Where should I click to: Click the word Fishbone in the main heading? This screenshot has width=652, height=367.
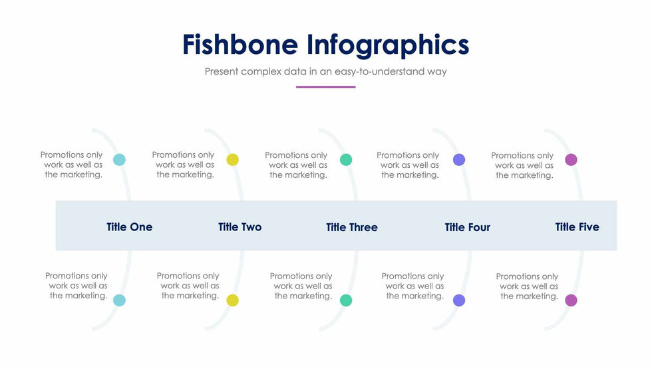pyautogui.click(x=240, y=44)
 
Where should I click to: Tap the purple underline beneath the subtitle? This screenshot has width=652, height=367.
pyautogui.click(x=325, y=87)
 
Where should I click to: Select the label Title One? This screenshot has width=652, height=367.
pyautogui.click(x=129, y=226)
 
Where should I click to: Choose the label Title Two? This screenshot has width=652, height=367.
pyautogui.click(x=240, y=226)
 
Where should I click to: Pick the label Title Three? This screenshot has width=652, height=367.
pyautogui.click(x=352, y=227)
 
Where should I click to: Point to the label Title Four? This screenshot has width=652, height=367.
pyautogui.click(x=467, y=227)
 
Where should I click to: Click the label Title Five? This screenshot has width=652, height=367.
pyautogui.click(x=577, y=226)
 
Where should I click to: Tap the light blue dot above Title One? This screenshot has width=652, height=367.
pyautogui.click(x=119, y=160)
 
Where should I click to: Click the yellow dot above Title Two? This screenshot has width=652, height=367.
pyautogui.click(x=232, y=160)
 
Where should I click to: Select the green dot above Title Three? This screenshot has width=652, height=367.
pyautogui.click(x=346, y=160)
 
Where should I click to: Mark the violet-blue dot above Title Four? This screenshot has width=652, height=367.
pyautogui.click(x=459, y=160)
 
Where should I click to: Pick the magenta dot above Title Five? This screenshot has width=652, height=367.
pyautogui.click(x=571, y=160)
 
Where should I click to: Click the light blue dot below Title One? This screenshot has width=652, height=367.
pyautogui.click(x=119, y=300)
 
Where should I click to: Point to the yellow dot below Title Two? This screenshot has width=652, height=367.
pyautogui.click(x=232, y=300)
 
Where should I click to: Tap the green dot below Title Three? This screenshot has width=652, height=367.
pyautogui.click(x=346, y=300)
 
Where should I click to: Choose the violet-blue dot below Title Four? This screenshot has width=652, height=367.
pyautogui.click(x=459, y=300)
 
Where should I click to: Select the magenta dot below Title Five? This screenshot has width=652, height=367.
pyautogui.click(x=571, y=300)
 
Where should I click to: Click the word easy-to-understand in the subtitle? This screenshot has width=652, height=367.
pyautogui.click(x=379, y=71)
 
